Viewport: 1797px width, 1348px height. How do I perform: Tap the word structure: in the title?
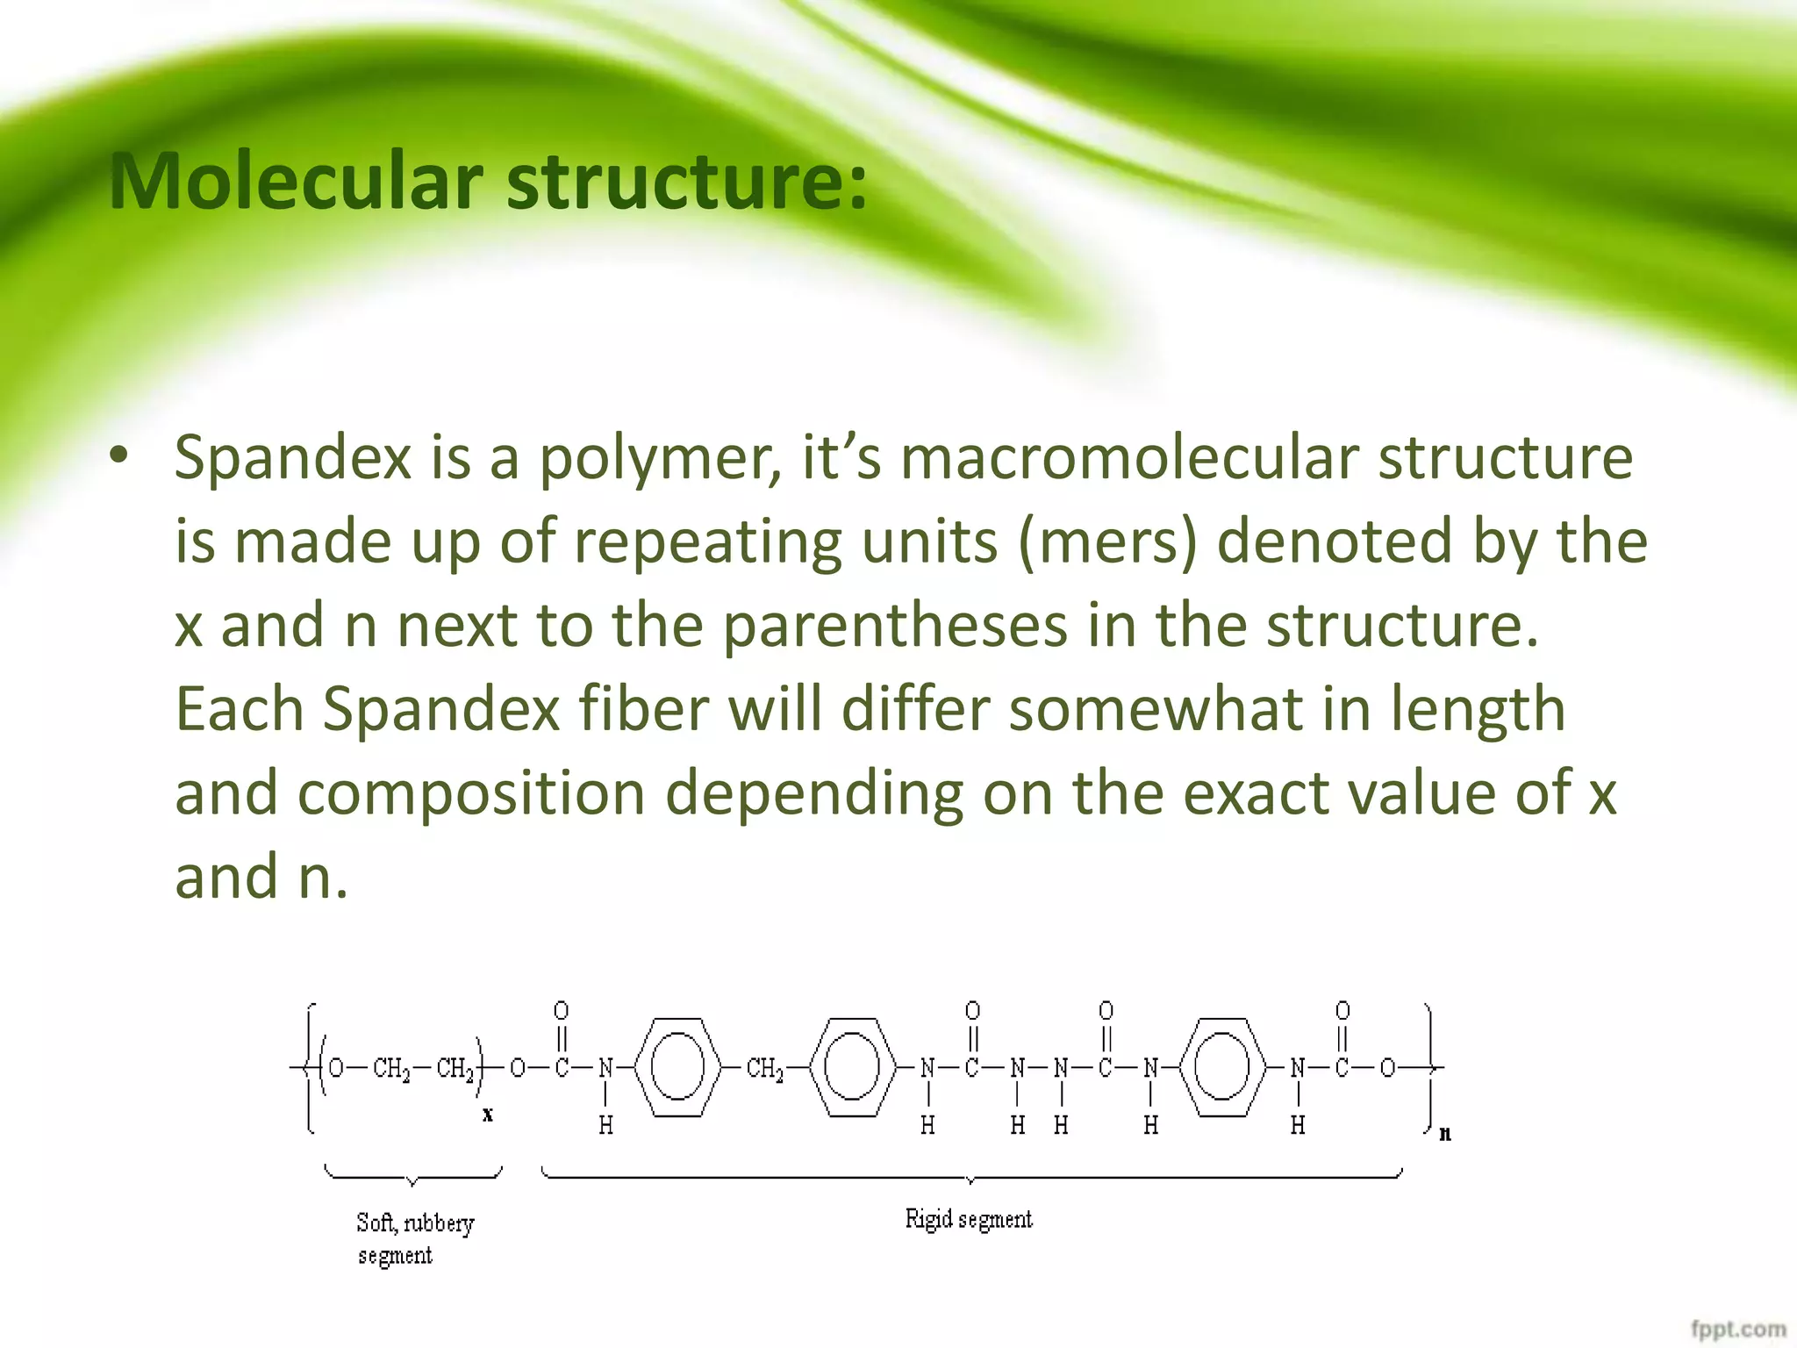(x=686, y=182)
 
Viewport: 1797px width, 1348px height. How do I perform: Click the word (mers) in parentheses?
(x=1107, y=542)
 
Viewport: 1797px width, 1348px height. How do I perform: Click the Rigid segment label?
(x=969, y=1219)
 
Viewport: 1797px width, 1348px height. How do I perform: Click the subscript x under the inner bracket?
(x=488, y=1115)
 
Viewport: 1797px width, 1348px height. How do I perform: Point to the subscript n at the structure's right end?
(x=1445, y=1134)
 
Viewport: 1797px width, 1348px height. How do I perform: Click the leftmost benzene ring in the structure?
(x=678, y=1067)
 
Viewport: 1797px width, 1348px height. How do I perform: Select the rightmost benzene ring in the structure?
(x=1223, y=1067)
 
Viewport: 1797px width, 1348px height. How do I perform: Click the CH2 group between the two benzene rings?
(x=764, y=1068)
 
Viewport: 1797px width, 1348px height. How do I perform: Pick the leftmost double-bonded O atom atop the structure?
(x=561, y=1010)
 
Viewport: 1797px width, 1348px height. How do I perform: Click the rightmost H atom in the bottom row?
(x=1298, y=1125)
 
